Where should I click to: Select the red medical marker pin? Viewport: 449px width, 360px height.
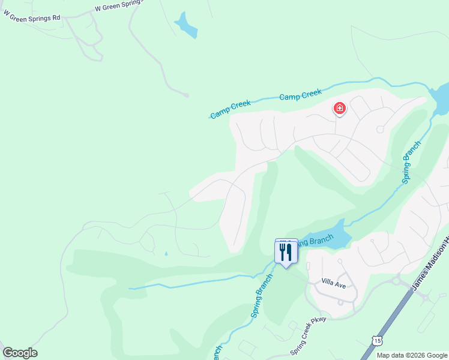pyautogui.click(x=340, y=109)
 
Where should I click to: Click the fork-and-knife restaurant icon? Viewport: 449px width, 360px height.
pyautogui.click(x=286, y=251)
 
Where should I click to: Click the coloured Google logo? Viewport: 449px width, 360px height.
pyautogui.click(x=20, y=353)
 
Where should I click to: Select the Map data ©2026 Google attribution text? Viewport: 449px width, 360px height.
pyautogui.click(x=411, y=355)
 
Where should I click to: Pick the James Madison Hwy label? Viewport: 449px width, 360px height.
pyautogui.click(x=431, y=262)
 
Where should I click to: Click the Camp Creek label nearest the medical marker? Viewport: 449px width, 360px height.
pyautogui.click(x=301, y=95)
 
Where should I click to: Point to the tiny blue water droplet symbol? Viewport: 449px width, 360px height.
pyautogui.click(x=166, y=254)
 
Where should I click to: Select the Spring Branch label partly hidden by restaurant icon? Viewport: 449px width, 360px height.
pyautogui.click(x=313, y=241)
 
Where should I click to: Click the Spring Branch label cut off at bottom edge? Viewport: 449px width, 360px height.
pyautogui.click(x=217, y=351)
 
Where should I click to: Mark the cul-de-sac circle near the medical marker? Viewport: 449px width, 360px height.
pyautogui.click(x=380, y=130)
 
